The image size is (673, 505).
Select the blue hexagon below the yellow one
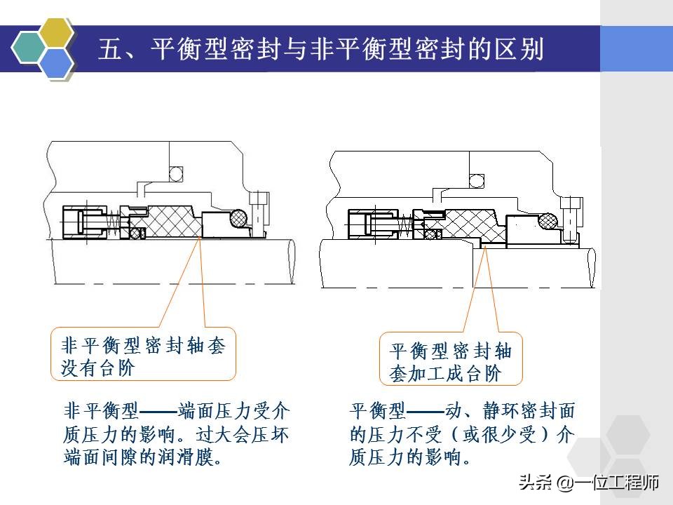[55, 62]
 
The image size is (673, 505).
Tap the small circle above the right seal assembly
[477, 180]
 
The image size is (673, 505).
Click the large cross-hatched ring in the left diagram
[172, 221]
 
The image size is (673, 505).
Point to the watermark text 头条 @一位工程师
[589, 483]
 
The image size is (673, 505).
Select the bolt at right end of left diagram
[261, 210]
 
